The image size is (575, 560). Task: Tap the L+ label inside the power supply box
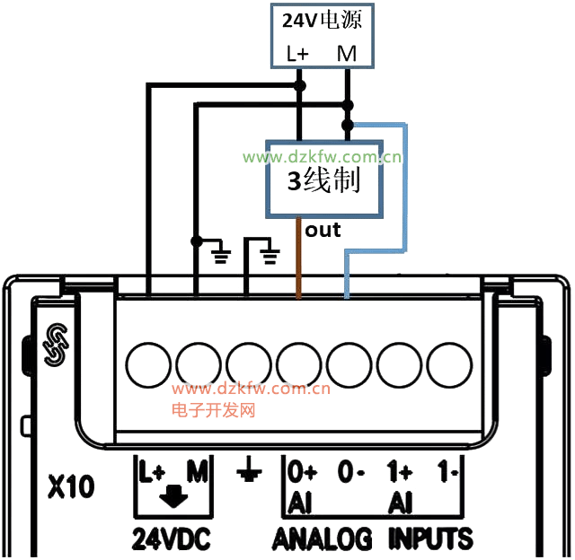click(x=297, y=54)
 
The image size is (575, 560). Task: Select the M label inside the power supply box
click(x=347, y=54)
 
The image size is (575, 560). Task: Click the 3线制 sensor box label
click(x=323, y=181)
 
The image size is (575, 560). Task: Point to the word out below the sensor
click(x=323, y=230)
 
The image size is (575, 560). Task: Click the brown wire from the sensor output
click(x=298, y=260)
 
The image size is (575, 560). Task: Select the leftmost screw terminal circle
click(x=149, y=365)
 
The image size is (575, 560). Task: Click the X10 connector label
click(x=70, y=488)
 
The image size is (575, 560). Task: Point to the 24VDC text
click(x=171, y=538)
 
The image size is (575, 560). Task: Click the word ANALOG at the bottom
click(x=323, y=538)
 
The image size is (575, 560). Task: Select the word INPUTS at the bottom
click(x=430, y=538)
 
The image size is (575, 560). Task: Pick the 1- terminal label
click(x=447, y=470)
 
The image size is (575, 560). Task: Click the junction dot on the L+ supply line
click(x=299, y=86)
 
